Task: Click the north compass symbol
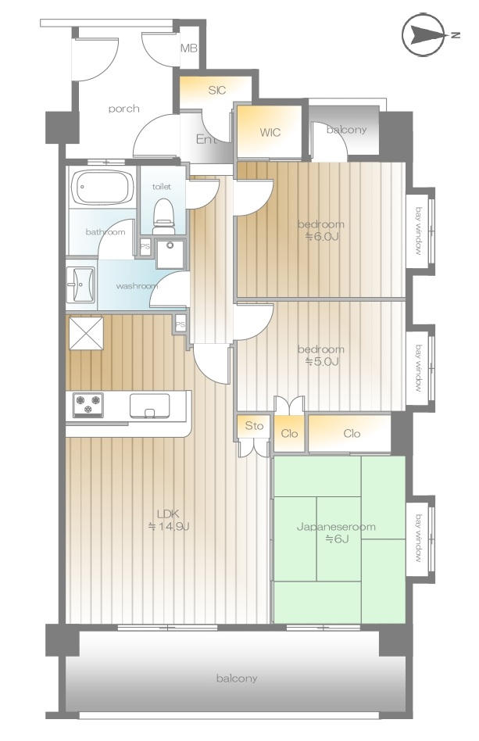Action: [424, 35]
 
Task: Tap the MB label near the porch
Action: [189, 48]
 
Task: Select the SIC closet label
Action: [216, 90]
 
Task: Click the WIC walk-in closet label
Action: [270, 132]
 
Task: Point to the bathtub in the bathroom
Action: [101, 187]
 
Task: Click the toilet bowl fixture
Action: [164, 216]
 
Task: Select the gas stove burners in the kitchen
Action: [88, 405]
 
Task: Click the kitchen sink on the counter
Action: [149, 406]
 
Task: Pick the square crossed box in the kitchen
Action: [86, 334]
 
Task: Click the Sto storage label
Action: [254, 426]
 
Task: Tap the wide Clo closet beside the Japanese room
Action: [352, 433]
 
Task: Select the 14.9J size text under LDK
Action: [169, 527]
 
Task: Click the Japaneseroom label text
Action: [336, 527]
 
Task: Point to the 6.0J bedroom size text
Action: [321, 237]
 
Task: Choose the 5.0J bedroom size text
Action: [321, 362]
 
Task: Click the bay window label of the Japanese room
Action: [419, 539]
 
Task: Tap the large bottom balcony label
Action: [237, 678]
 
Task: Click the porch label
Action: [123, 109]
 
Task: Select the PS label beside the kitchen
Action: [180, 325]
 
